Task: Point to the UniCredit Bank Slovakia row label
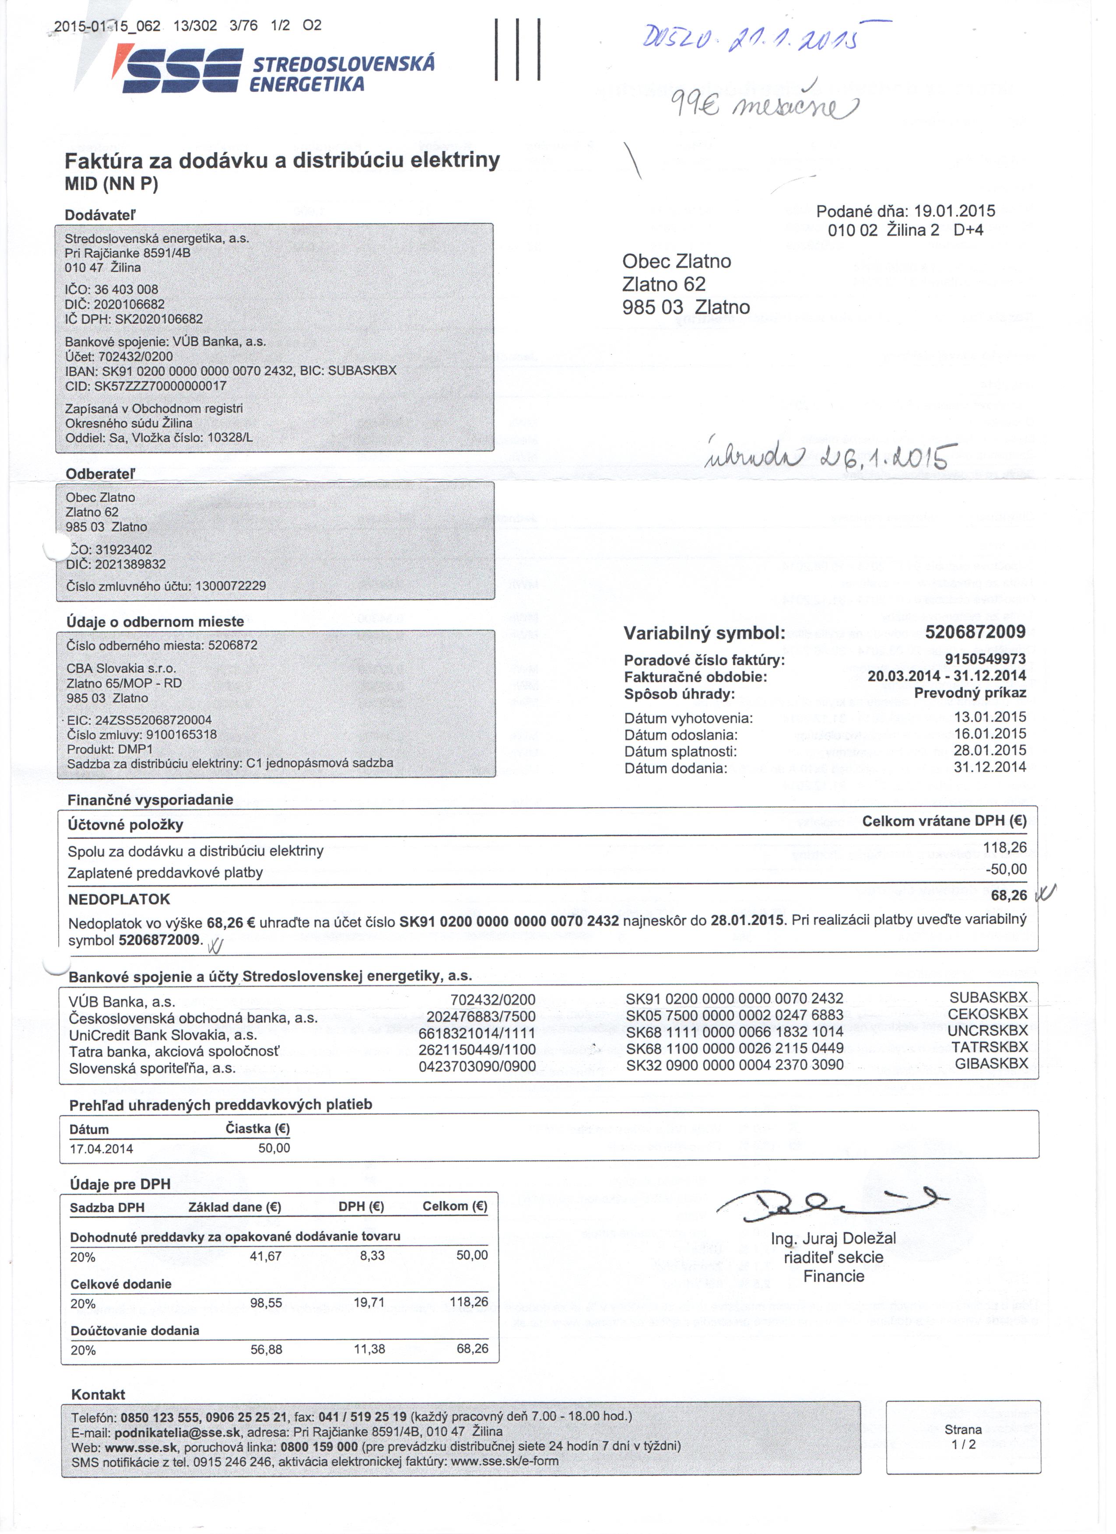click(163, 1035)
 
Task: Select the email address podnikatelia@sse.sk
click(177, 1432)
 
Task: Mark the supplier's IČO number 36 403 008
click(126, 290)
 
